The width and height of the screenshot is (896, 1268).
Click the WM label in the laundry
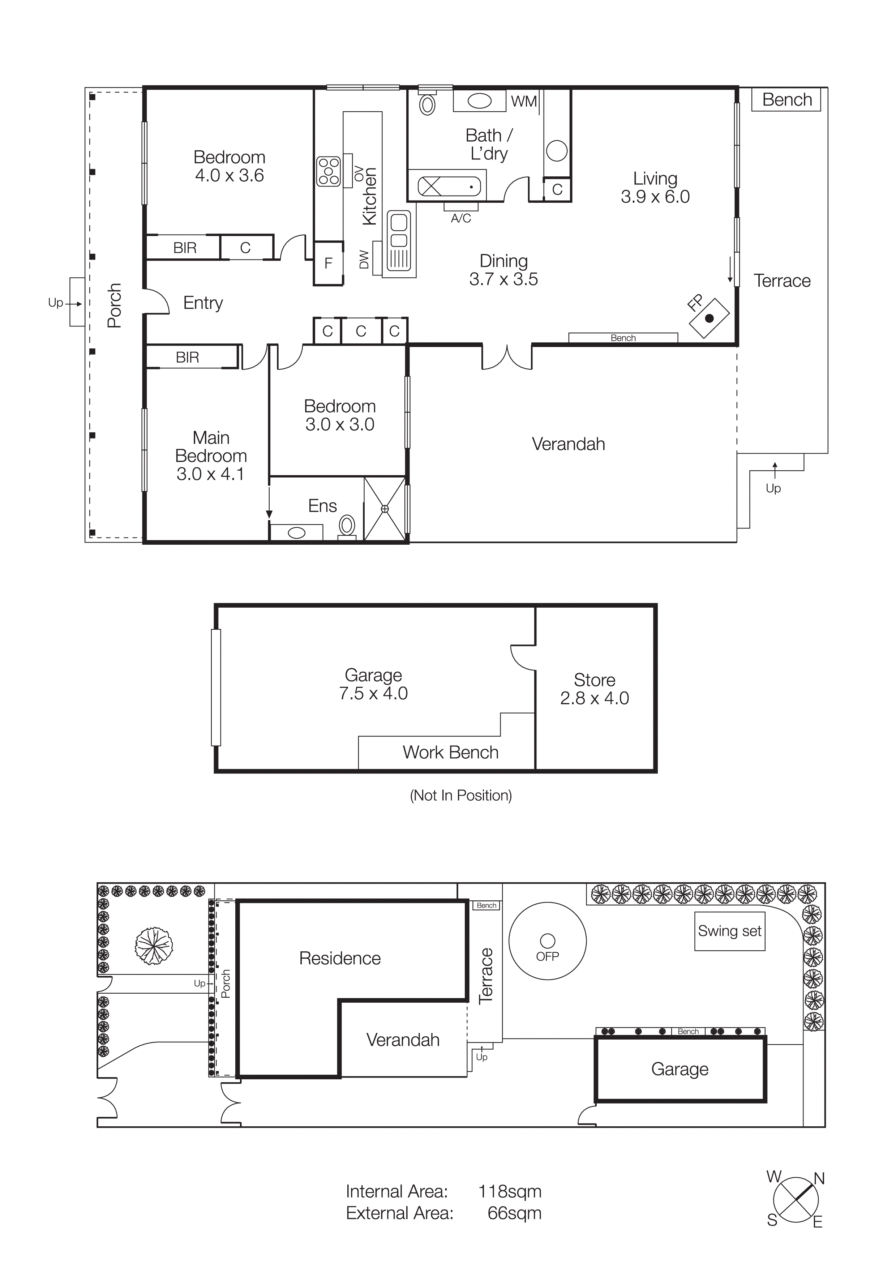pos(523,102)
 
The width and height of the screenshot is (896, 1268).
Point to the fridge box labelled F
pos(329,264)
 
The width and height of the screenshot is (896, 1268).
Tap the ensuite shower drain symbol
pos(385,509)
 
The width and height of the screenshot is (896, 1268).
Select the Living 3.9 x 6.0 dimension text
pos(655,197)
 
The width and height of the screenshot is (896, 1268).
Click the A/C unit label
pos(460,219)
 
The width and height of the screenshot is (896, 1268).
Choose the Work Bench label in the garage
pos(450,753)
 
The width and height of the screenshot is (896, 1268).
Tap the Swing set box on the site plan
pos(729,931)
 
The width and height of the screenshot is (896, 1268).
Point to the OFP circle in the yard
pos(547,941)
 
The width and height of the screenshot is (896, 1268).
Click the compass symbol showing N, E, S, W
pos(796,1200)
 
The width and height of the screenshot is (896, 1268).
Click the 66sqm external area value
pos(514,1213)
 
